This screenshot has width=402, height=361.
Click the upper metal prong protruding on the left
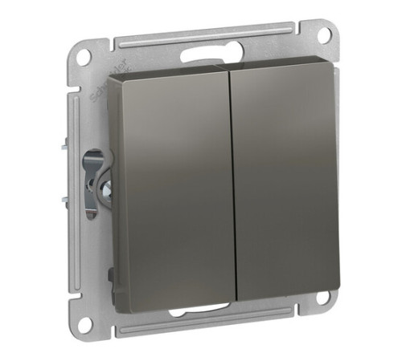[62, 148]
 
